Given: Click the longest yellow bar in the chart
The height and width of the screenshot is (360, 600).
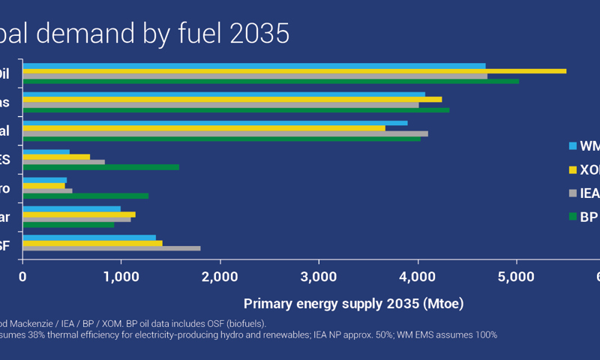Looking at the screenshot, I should click(294, 70).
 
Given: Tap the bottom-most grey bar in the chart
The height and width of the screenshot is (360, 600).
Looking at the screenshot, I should click(111, 248).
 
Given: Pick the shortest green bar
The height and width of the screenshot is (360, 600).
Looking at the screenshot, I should click(68, 224).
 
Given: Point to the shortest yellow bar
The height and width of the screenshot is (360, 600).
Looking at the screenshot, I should click(43, 185).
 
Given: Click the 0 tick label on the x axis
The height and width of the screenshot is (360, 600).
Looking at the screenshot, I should click(23, 277).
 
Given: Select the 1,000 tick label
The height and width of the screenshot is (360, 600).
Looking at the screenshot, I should click(121, 277).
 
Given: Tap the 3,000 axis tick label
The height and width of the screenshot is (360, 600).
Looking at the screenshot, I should click(319, 277).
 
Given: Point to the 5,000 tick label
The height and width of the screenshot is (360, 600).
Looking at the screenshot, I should click(516, 277).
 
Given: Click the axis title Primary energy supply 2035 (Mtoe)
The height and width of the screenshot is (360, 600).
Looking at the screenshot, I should click(353, 304).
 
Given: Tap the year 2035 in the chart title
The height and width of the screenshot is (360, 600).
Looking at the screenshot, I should click(262, 34).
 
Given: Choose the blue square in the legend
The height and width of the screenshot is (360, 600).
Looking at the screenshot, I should click(573, 145).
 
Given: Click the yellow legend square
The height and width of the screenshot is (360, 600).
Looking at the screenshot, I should click(573, 169).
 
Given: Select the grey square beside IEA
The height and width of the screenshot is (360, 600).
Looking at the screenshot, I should click(573, 193).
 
